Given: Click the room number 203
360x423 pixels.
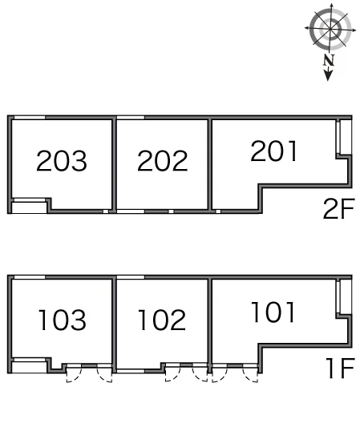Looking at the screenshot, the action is [62, 161].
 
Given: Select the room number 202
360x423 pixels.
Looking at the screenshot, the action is [163, 161].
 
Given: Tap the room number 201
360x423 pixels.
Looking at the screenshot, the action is [274, 151].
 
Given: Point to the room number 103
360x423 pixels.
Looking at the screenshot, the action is [63, 320].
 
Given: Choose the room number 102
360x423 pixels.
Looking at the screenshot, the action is [162, 320].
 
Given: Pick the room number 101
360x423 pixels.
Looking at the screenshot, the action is [273, 312].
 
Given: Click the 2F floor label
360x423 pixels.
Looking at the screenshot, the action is [338, 208].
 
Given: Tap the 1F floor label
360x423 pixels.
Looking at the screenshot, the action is [340, 368].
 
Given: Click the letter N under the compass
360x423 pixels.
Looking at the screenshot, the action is [329, 60].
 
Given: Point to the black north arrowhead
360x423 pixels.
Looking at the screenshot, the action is [328, 75].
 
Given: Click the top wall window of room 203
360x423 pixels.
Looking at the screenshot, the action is [30, 117].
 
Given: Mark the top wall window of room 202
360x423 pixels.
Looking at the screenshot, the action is [131, 117].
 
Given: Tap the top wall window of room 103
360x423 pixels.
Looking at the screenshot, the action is [30, 277].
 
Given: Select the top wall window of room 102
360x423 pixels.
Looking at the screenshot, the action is [131, 277].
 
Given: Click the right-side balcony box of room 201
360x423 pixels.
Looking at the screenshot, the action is [346, 137].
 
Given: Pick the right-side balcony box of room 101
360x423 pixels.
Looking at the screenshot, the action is [346, 296].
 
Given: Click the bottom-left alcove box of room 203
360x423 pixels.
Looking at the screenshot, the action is [30, 207].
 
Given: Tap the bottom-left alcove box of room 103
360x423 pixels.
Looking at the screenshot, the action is [30, 367].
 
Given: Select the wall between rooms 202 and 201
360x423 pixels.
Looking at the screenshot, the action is [210, 164].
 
